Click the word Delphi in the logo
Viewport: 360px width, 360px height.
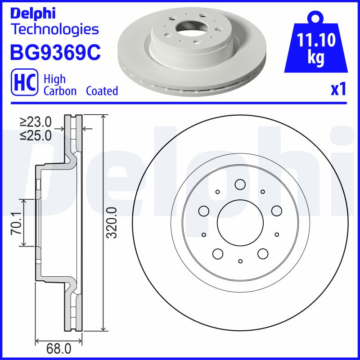(x=32, y=13)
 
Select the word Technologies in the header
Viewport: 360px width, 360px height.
(x=54, y=30)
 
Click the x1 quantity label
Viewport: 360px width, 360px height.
(x=338, y=90)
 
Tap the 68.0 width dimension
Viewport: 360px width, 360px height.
(x=58, y=349)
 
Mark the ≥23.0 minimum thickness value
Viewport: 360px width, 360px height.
(x=36, y=122)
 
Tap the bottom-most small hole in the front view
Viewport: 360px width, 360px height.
(x=240, y=261)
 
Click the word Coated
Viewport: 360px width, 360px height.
(x=102, y=91)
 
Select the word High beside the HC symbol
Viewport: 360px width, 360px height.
(x=54, y=79)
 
